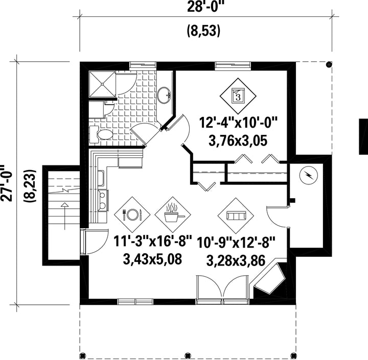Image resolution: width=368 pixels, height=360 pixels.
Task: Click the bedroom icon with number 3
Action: pos(238,96)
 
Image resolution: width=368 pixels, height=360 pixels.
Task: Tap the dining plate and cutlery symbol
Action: pos(132,214)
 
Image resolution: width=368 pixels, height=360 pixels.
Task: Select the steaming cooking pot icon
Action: pos(173,214)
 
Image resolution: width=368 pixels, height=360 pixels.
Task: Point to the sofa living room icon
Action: pos(236,216)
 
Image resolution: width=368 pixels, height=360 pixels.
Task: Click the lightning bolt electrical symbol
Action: pos(308,175)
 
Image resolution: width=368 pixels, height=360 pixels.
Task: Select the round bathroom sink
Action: pos(164,95)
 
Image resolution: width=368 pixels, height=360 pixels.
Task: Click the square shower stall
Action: pos(102,84)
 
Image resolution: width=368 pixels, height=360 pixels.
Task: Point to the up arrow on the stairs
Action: pos(64,216)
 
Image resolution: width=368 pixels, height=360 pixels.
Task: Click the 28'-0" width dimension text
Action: pos(204,7)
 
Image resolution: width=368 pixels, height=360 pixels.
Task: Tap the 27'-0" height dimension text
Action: pos(6,183)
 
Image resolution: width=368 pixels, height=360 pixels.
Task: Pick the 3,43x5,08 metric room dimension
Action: pos(152,259)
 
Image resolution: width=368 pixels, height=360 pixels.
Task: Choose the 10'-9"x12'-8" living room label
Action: pos(236,242)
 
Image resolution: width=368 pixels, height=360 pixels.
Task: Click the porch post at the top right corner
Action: pos(329,64)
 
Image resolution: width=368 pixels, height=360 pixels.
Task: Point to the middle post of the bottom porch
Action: pos(187,355)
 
